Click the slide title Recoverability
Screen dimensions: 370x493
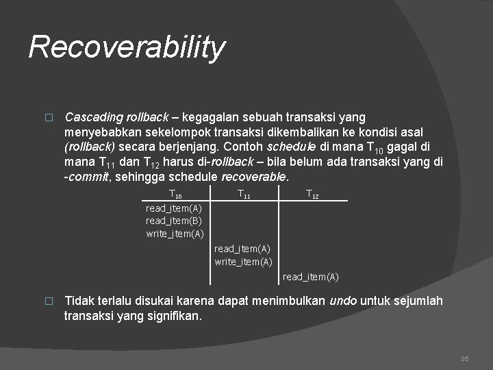127,47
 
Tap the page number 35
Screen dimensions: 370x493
464,358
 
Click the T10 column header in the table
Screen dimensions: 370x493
175,195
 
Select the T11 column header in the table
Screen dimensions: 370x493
244,195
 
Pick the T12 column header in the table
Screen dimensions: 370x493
312,195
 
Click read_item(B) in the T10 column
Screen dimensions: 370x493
174,221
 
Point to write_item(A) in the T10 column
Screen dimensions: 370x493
175,234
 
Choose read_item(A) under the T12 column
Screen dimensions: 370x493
310,277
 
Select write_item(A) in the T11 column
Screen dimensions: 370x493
243,262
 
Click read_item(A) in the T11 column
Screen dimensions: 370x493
242,249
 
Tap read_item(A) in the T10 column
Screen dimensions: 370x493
174,208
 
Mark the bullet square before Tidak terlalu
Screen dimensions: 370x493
48,301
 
